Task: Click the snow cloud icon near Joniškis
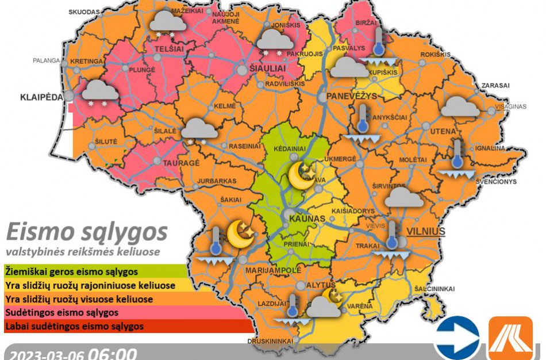pos(274,42)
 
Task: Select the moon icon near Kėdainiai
pos(302,174)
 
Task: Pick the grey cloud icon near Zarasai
pos(460,107)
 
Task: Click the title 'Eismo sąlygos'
pos(87,232)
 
